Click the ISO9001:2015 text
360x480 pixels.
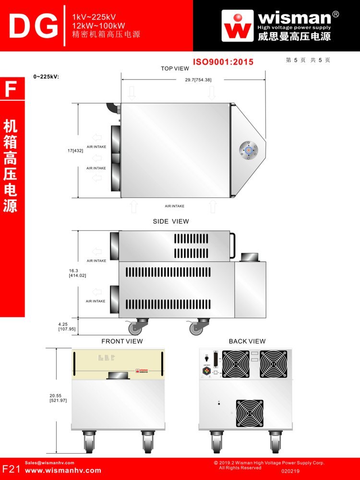click(223, 62)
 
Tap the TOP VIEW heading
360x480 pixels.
click(175, 69)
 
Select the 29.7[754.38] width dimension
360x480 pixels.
click(198, 80)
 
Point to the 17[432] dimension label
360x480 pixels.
click(75, 151)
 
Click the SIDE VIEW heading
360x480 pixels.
click(171, 222)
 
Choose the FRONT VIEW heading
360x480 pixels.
click(122, 341)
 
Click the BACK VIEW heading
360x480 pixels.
click(247, 341)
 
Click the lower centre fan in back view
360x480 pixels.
click(250, 413)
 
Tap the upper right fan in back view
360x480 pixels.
click(274, 363)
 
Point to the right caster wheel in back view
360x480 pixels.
click(276, 441)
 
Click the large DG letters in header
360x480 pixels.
click(33, 26)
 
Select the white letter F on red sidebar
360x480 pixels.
click(11, 90)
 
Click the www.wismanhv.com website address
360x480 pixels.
click(63, 470)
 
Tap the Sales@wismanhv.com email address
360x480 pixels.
click(49, 463)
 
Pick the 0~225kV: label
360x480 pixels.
click(46, 77)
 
